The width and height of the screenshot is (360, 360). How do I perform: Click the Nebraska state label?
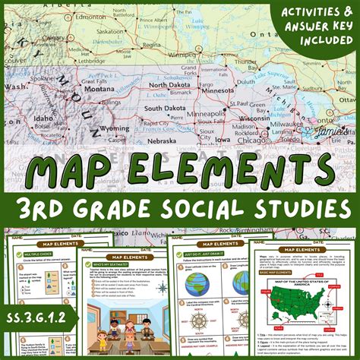[164, 141]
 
